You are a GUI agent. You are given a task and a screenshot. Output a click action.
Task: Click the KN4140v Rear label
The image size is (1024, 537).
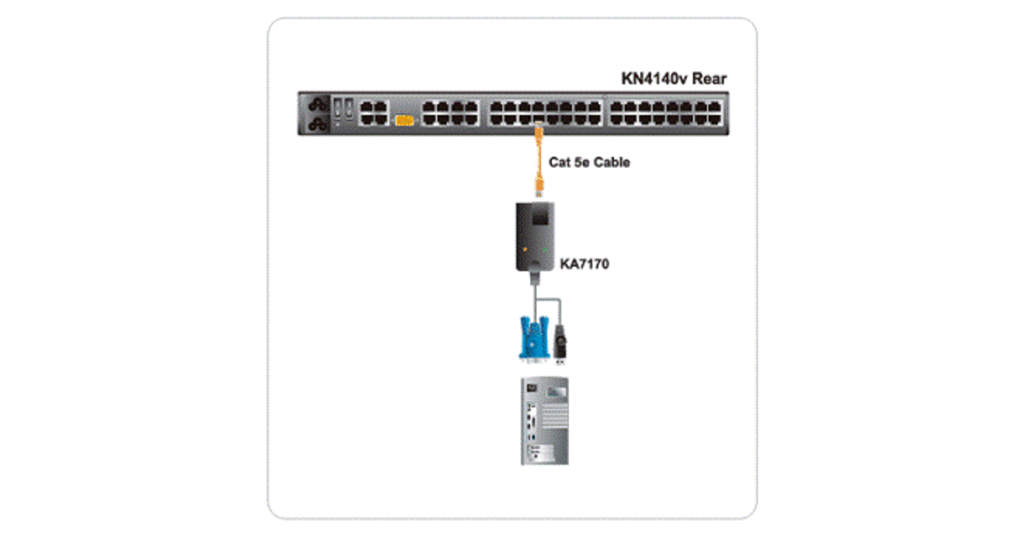pos(673,79)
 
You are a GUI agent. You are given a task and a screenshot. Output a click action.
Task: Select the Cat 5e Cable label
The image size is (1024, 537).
pos(589,162)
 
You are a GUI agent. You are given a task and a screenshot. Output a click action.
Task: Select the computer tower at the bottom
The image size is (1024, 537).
pos(546,421)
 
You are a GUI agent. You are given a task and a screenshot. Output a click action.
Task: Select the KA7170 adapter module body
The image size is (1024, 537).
pos(538,234)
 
